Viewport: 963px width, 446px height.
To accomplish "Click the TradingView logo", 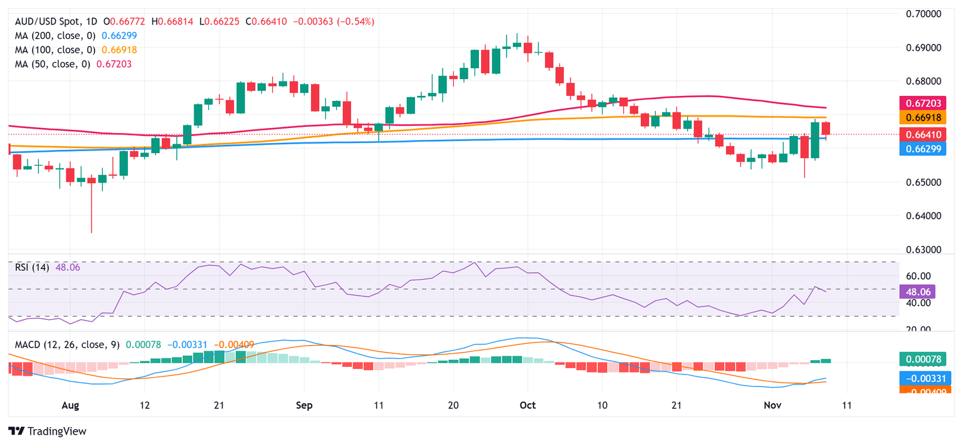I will coord(47,432).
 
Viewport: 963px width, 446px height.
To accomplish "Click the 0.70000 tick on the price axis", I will coord(925,14).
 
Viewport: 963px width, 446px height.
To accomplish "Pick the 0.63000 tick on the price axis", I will coord(925,250).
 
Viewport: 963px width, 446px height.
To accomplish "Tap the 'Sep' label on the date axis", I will coord(303,406).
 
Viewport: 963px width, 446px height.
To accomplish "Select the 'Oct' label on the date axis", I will coord(527,406).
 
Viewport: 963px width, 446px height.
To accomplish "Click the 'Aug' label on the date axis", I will coord(70,406).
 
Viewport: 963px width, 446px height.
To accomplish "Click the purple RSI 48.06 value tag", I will coord(918,292).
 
